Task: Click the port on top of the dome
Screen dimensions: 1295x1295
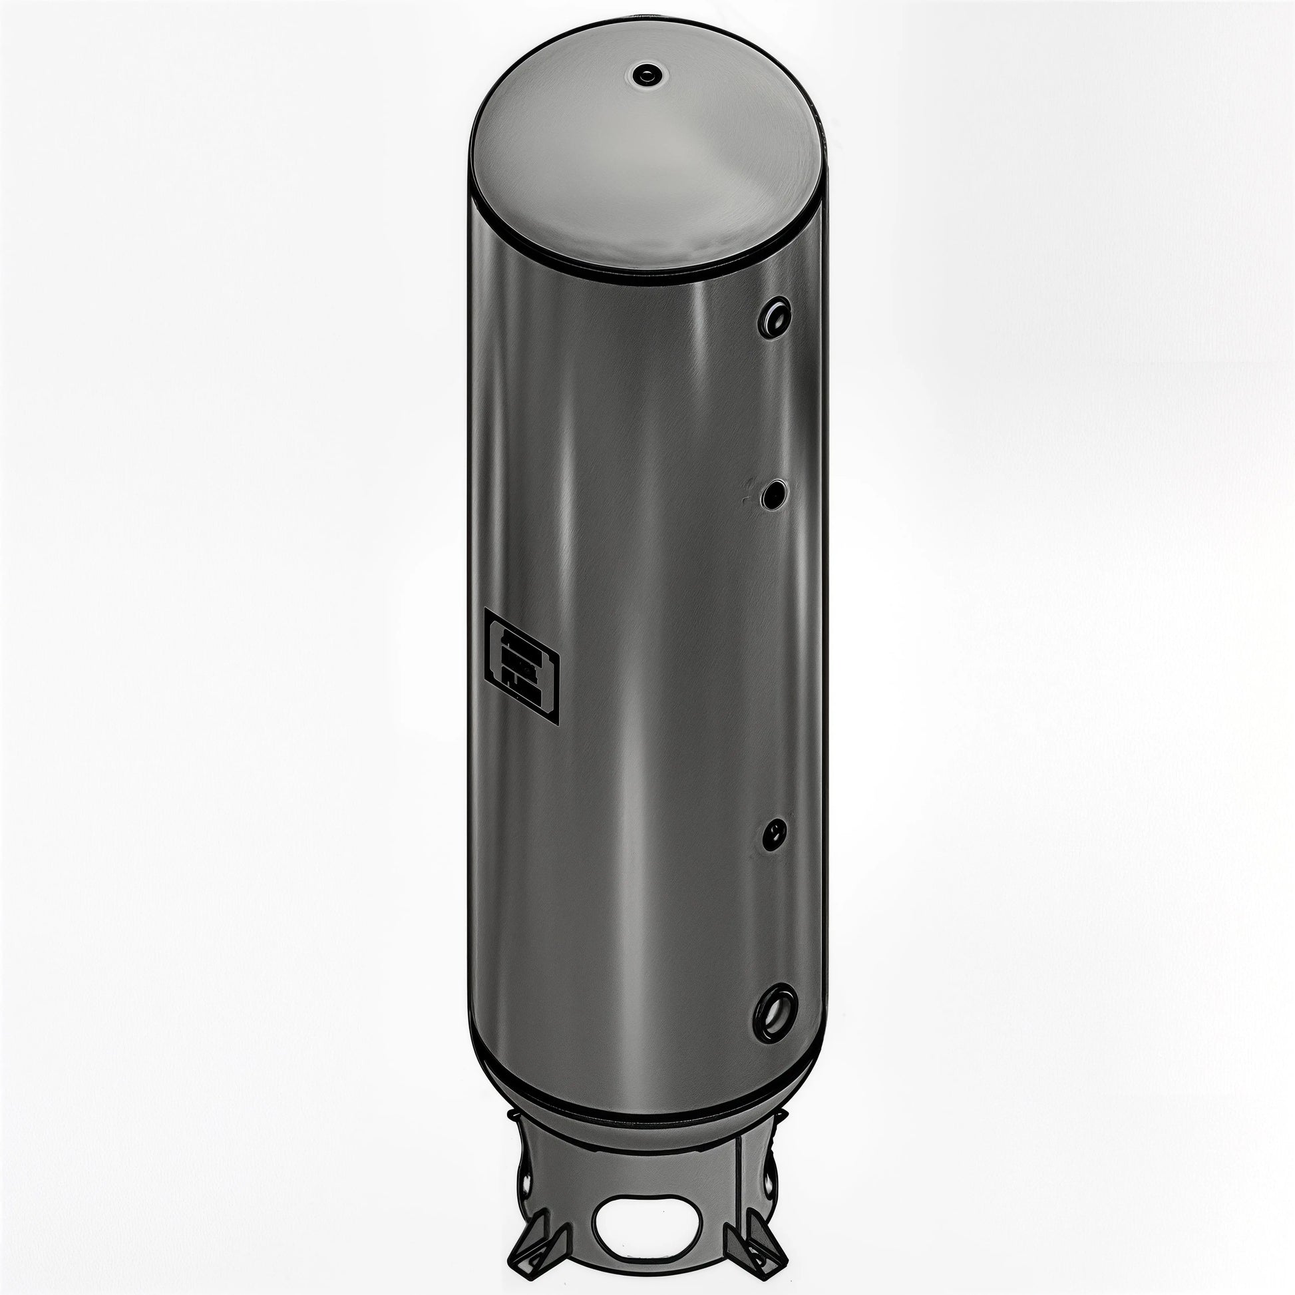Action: [646, 75]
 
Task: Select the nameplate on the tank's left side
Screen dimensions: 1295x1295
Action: [521, 665]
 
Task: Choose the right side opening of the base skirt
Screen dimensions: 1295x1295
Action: [769, 1187]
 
